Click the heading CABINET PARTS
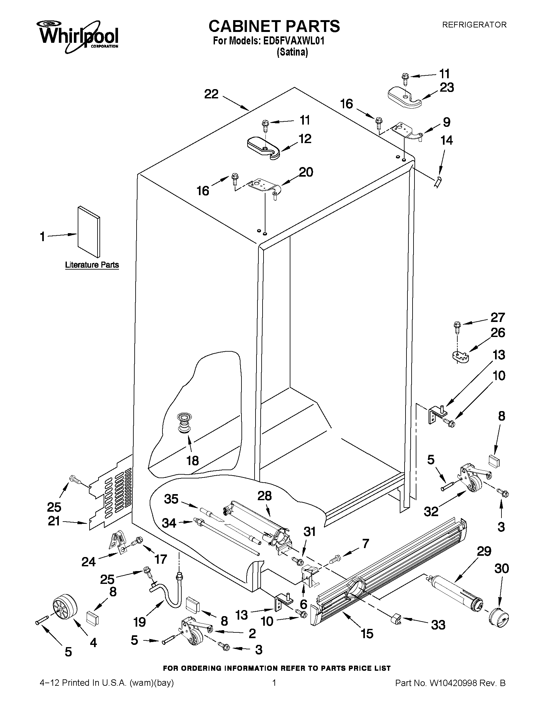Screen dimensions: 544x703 point(274,26)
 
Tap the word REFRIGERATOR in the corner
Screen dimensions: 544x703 point(474,25)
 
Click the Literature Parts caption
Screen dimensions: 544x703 point(92,265)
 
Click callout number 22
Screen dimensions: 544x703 point(211,94)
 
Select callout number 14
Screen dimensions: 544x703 point(447,140)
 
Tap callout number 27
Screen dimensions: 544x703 point(498,318)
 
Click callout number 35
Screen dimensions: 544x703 point(171,499)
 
